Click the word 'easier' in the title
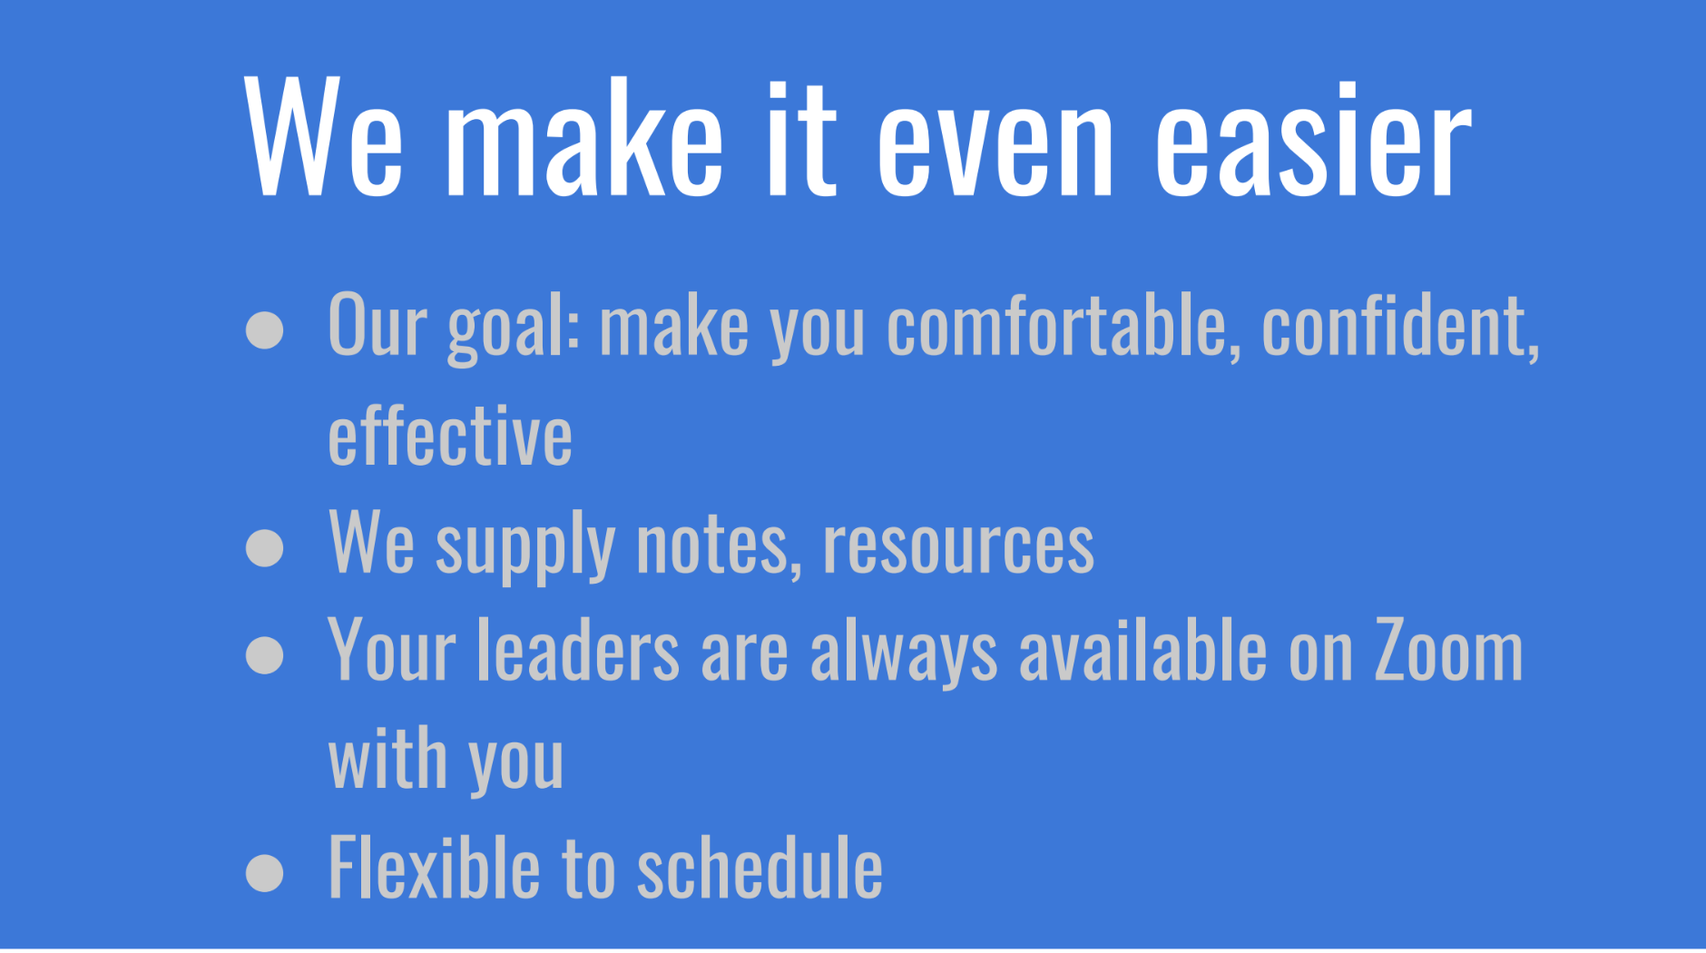1313,138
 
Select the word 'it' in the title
801,138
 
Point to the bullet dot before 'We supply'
265,547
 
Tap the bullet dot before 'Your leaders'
265,655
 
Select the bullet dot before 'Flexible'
265,872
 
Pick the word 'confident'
1400,326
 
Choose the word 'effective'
450,436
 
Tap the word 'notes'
719,545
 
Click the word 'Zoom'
1448,650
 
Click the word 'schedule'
760,867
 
